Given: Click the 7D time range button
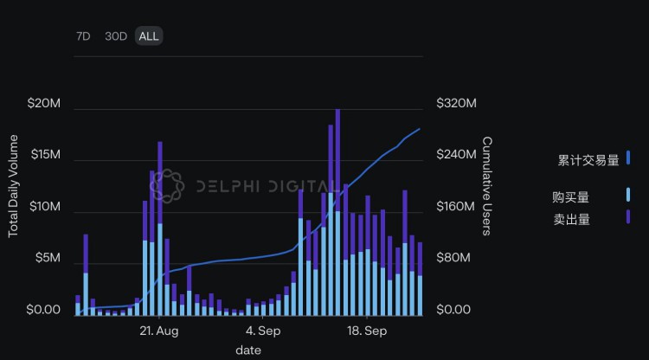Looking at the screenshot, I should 83,36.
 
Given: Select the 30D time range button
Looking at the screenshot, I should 116,36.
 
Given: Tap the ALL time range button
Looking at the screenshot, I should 149,36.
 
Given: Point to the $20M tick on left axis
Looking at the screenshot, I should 44,104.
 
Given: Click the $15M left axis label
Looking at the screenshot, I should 44,155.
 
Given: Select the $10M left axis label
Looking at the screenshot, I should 44,207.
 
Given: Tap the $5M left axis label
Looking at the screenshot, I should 47,258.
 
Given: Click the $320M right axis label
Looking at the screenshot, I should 456,104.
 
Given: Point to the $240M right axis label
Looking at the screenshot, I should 456,155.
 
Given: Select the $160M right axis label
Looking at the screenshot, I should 456,207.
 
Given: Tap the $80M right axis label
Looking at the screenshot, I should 453,258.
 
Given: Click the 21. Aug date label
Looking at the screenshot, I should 158,331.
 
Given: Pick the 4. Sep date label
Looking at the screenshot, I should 263,331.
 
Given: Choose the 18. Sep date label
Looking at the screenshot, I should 367,331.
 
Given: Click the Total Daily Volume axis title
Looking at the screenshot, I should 14,185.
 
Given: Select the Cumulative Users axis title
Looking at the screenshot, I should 487,185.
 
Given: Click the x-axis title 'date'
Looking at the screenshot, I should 248,350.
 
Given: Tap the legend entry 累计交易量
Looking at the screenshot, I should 588,160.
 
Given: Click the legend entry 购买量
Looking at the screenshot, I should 571,197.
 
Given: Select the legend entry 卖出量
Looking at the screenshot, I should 571,219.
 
